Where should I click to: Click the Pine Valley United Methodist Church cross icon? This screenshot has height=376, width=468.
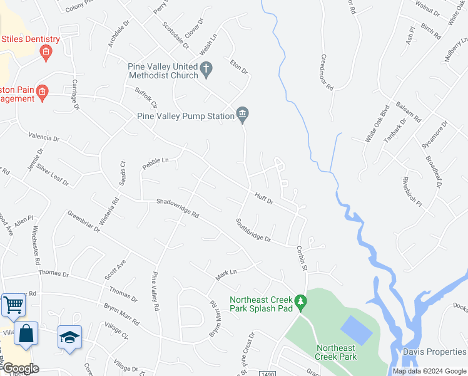[x=207, y=67]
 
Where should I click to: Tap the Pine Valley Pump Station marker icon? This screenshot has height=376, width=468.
[x=243, y=114]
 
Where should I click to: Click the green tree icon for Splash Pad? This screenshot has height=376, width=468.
[x=301, y=302]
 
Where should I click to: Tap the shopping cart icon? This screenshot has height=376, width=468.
[x=13, y=305]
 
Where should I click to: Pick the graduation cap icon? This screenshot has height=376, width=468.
[x=69, y=337]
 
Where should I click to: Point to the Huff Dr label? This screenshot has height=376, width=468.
[x=264, y=199]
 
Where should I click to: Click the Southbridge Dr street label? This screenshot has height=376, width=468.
[x=253, y=230]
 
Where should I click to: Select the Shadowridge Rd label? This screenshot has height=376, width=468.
[x=177, y=208]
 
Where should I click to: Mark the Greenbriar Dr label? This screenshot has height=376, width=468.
[x=84, y=221]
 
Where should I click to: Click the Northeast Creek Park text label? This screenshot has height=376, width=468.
[x=336, y=352]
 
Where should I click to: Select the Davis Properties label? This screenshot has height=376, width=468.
[x=434, y=352]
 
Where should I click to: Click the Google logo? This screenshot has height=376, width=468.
[x=20, y=368]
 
